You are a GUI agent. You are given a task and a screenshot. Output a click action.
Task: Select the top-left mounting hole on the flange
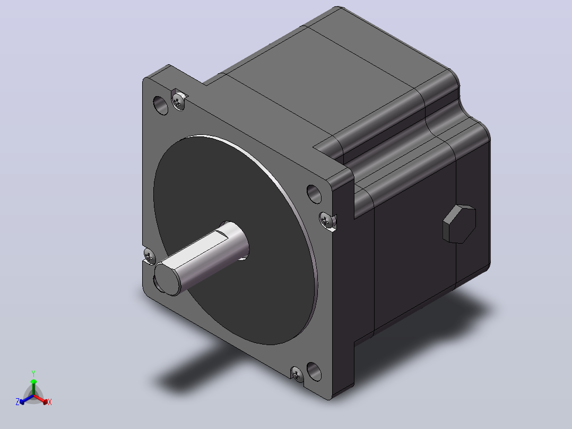click(x=160, y=105)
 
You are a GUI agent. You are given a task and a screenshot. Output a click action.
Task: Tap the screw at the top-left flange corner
click(x=178, y=101)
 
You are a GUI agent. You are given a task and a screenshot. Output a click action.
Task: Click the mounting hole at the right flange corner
click(x=314, y=194)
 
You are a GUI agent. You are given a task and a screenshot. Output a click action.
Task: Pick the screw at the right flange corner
click(x=327, y=221)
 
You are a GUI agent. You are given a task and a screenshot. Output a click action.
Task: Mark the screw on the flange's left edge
click(x=150, y=255)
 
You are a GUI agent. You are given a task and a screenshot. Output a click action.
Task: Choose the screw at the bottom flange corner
click(x=297, y=374)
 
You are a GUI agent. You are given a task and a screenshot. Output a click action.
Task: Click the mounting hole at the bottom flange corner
click(x=314, y=371)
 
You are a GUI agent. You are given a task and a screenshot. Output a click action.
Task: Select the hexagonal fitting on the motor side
click(x=460, y=224)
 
